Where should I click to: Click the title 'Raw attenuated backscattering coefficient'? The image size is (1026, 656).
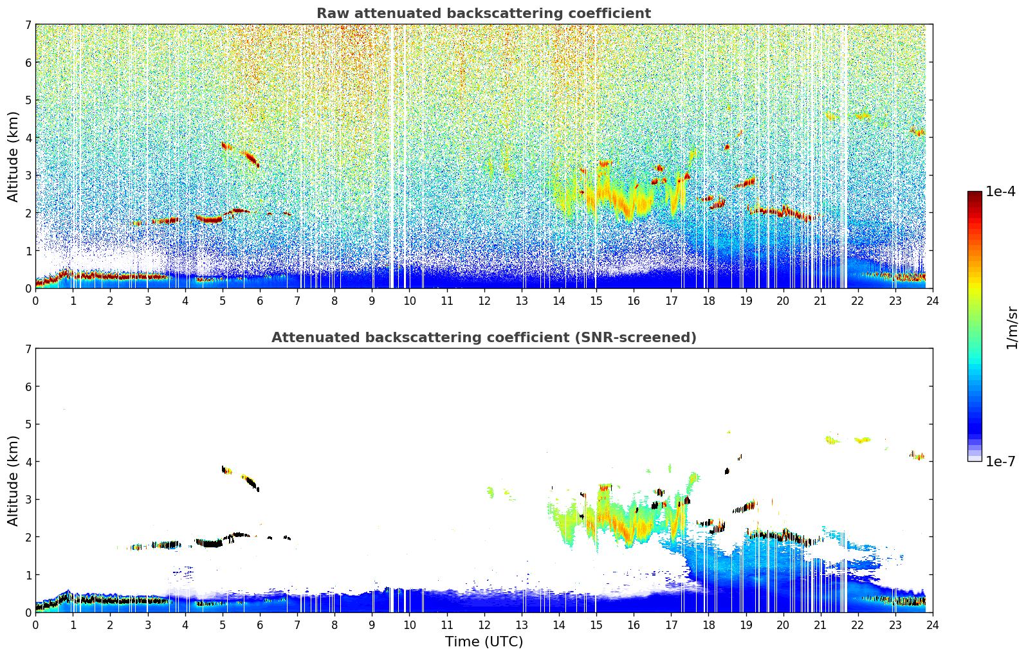pos(483,14)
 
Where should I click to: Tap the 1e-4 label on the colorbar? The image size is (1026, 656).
pos(1000,192)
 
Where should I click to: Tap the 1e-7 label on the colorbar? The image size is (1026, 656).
pos(1000,461)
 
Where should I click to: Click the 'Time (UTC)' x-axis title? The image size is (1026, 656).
pos(484,642)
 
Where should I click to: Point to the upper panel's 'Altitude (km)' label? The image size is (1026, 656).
pos(14,156)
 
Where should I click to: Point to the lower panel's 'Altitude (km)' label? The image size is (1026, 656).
pos(14,480)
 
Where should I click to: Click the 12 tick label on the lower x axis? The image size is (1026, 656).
pos(484,624)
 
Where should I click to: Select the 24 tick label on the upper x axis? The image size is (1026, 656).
pos(932,300)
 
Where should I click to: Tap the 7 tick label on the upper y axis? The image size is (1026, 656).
pos(28,25)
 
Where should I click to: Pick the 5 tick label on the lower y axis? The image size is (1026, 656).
pos(28,424)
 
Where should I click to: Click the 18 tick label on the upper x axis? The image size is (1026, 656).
pos(708,300)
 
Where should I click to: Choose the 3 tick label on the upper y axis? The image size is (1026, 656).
pos(28,176)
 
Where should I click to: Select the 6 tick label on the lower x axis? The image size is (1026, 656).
pos(260,624)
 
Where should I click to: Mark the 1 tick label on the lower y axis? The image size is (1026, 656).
pos(28,575)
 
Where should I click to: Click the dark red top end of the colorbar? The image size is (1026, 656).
pos(975,194)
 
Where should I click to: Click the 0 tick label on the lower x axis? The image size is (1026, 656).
pos(35,624)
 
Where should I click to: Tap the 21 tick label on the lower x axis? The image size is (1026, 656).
pos(820,624)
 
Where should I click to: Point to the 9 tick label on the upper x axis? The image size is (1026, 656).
pos(372,300)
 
